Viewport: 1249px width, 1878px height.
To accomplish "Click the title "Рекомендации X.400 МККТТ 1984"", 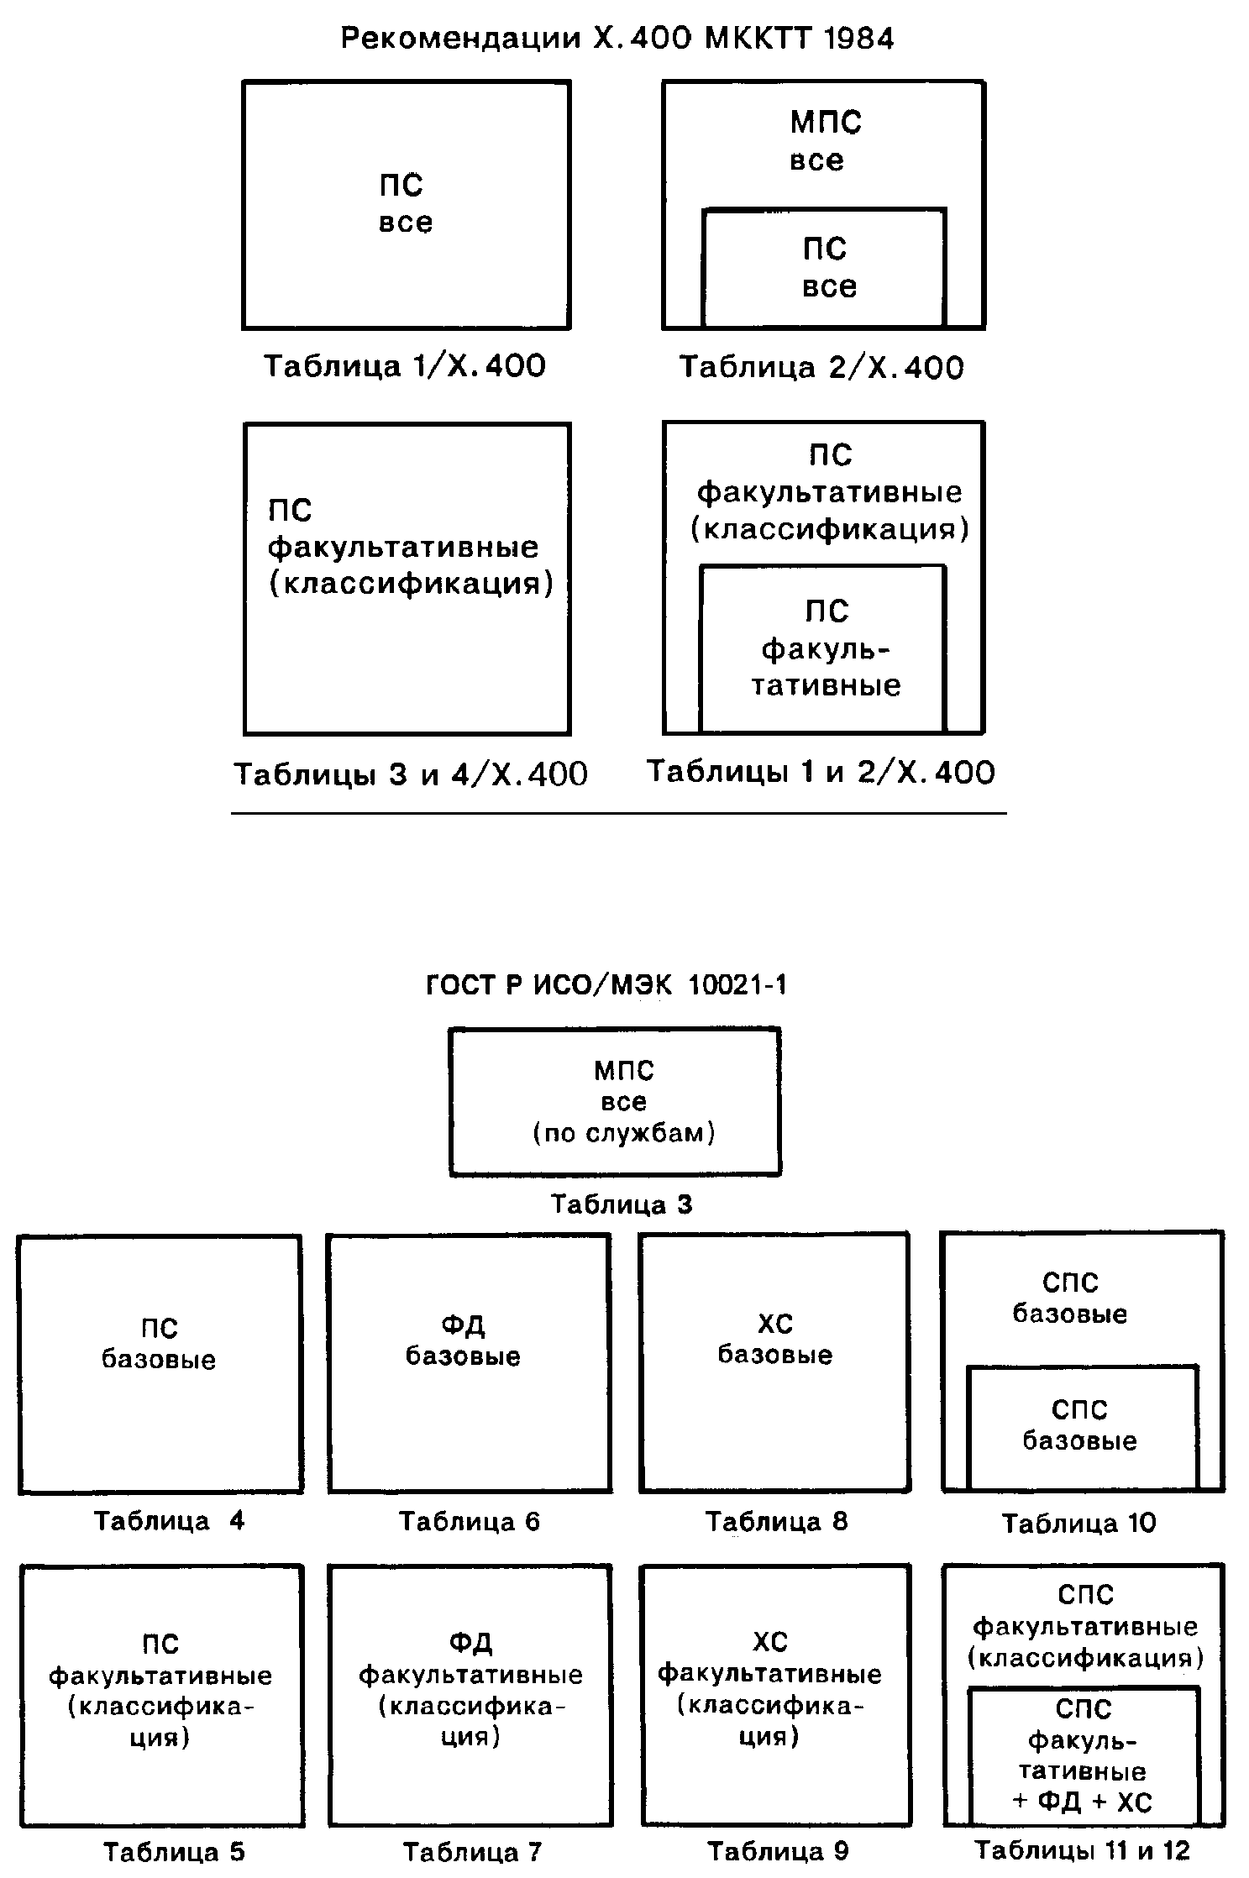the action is [617, 39].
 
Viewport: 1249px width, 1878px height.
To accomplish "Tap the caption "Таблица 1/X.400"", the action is [405, 366].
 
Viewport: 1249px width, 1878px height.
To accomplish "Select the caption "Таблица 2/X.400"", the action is [821, 368].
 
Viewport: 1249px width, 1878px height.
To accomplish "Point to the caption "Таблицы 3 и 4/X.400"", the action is [410, 774].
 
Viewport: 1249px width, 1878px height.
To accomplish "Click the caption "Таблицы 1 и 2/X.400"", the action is [821, 772].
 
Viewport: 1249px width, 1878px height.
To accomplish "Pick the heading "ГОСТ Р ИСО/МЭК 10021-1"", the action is [607, 984].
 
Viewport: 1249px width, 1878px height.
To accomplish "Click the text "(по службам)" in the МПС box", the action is [624, 1134].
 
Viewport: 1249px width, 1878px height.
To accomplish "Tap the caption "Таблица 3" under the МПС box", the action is [622, 1204].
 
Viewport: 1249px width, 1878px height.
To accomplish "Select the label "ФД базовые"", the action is [463, 1340].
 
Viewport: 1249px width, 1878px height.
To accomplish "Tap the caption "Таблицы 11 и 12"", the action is [1082, 1850].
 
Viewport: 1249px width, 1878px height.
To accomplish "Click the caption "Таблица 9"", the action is [778, 1851].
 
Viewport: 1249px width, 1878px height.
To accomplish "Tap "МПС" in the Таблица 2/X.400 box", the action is [826, 123].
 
